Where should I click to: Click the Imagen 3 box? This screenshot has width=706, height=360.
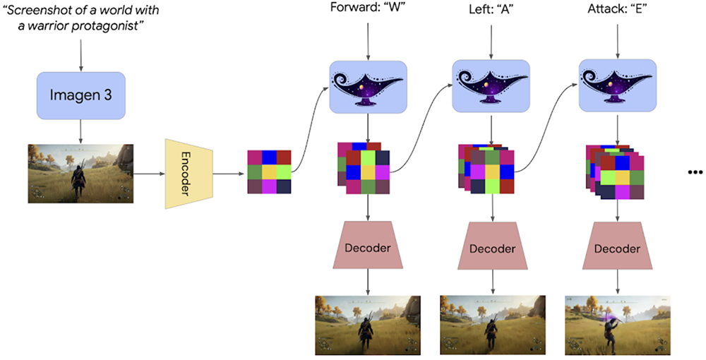pyautogui.click(x=81, y=96)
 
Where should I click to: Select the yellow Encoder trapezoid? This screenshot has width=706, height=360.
pyautogui.click(x=189, y=174)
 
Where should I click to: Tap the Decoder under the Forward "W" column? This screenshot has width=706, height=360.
pyautogui.click(x=367, y=247)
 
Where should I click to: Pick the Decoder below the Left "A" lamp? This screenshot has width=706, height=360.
pyautogui.click(x=493, y=248)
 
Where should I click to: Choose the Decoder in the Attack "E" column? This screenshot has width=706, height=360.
pyautogui.click(x=618, y=248)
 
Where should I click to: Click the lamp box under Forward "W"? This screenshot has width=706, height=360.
pyautogui.click(x=368, y=86)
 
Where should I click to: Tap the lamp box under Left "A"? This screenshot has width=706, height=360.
pyautogui.click(x=493, y=86)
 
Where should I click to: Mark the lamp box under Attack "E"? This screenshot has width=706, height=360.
pyautogui.click(x=618, y=86)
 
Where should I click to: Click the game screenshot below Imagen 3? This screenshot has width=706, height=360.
pyautogui.click(x=80, y=172)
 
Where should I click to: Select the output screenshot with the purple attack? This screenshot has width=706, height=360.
pyautogui.click(x=618, y=325)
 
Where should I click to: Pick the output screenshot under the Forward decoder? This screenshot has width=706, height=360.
pyautogui.click(x=368, y=325)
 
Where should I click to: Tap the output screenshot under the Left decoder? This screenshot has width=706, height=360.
pyautogui.click(x=493, y=325)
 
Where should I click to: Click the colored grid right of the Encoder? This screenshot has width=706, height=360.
pyautogui.click(x=269, y=172)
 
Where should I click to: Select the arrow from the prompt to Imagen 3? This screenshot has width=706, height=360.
pyautogui.click(x=81, y=56)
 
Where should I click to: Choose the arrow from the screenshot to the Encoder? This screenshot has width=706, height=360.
pyautogui.click(x=148, y=173)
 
